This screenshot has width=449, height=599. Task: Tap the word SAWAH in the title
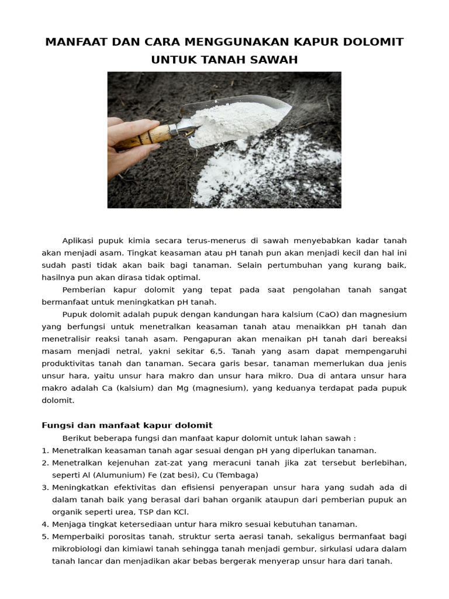[275, 60]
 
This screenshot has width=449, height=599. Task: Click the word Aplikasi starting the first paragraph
[78, 241]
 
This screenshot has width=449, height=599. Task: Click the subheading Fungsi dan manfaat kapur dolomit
[127, 425]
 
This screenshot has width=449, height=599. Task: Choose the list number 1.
[45, 450]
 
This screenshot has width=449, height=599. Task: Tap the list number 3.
[45, 487]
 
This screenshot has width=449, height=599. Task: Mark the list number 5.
[45, 536]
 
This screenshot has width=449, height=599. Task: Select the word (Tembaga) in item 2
[238, 475]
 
